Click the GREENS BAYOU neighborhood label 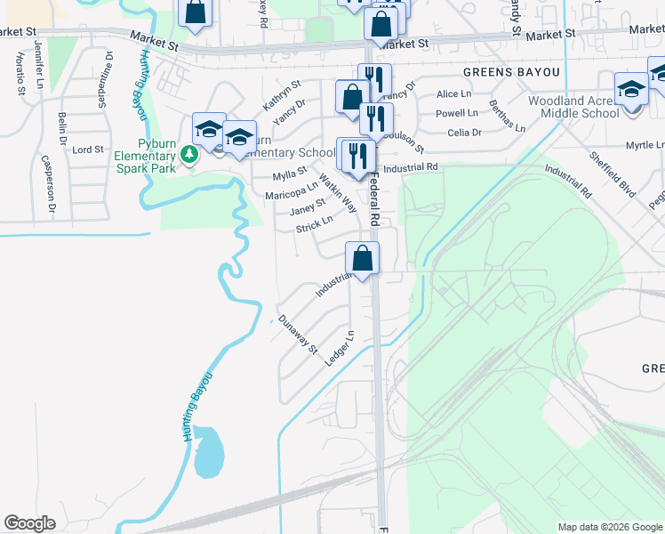tap(512, 71)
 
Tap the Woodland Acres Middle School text tap(573, 108)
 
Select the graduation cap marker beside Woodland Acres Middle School tap(631, 90)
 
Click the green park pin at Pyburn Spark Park tap(188, 155)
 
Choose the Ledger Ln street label tap(340, 348)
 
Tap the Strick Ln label tap(314, 224)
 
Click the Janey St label tap(308, 207)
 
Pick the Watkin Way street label tap(338, 193)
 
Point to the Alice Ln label tap(453, 94)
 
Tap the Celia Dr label tap(464, 133)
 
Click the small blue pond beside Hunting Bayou tap(209, 452)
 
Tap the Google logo tap(29, 523)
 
